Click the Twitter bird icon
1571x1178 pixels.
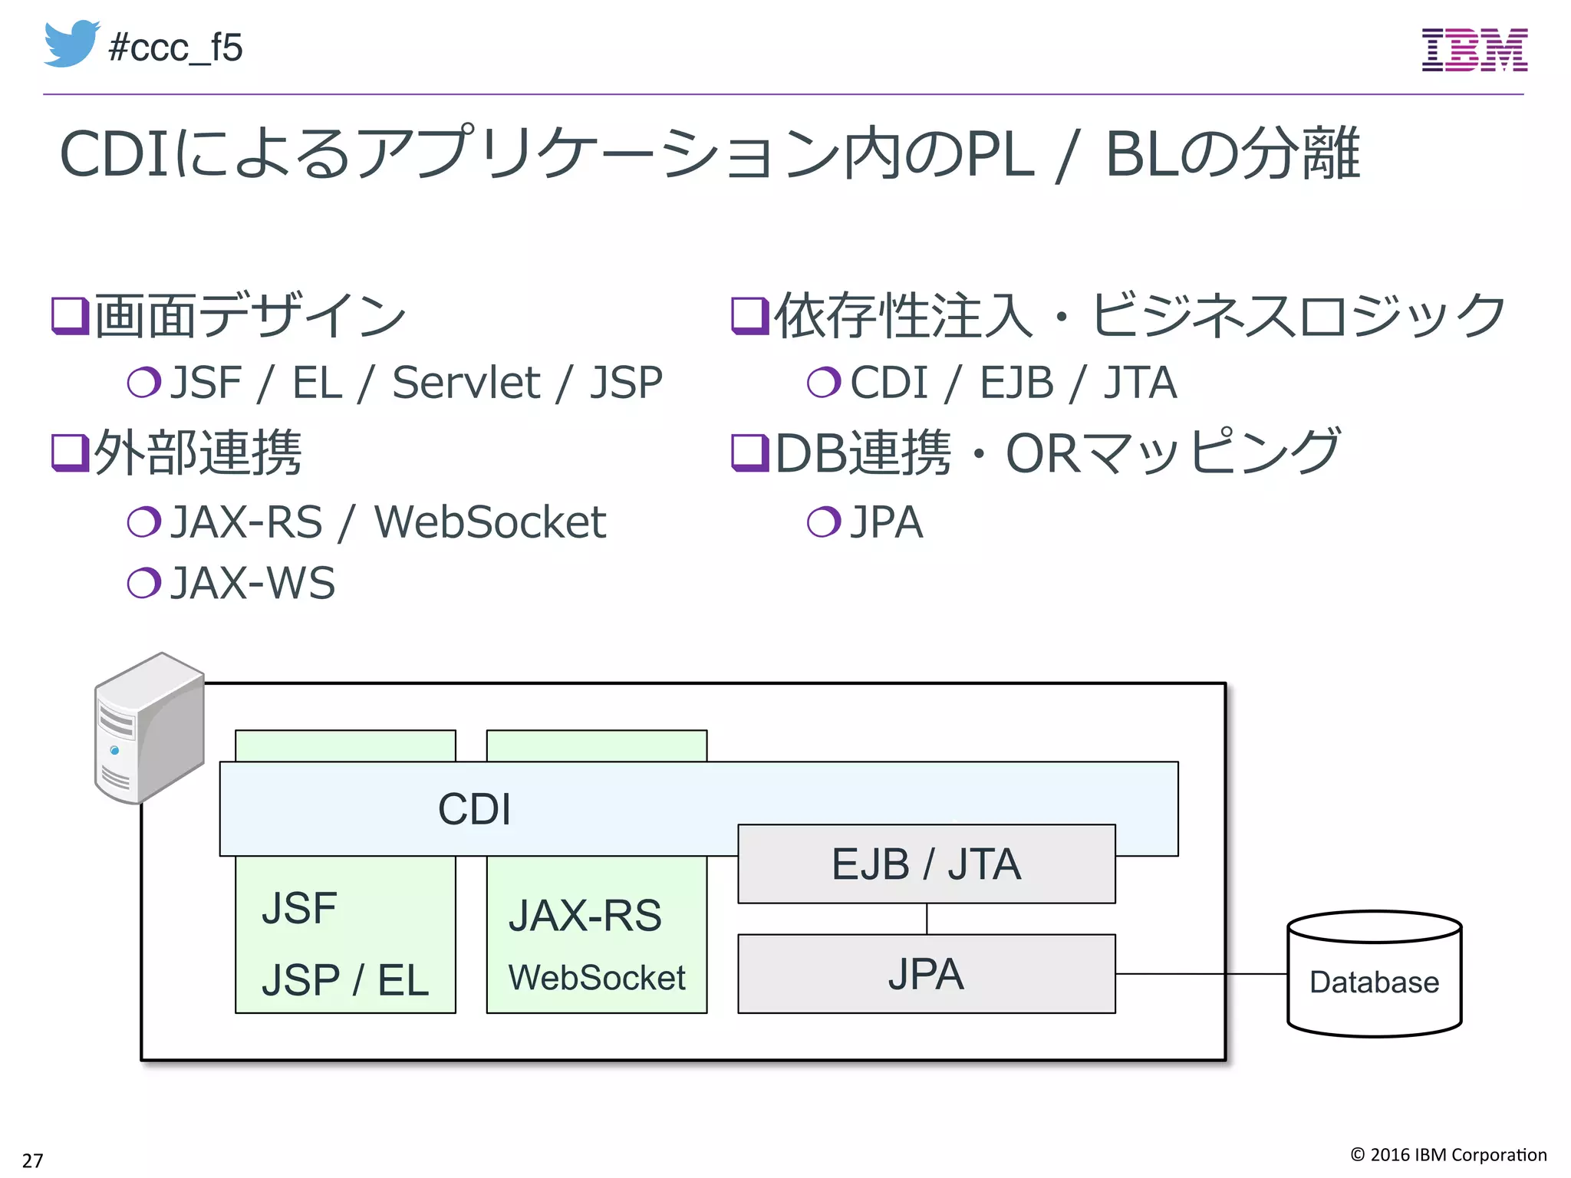(71, 44)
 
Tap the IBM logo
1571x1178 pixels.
(1474, 50)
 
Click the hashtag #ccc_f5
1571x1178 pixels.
(176, 48)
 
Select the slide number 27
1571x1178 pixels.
(32, 1160)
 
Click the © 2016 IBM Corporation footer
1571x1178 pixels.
(1447, 1154)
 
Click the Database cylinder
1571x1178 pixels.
(1374, 974)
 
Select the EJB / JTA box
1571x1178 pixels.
(926, 864)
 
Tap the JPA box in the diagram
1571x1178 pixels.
(926, 974)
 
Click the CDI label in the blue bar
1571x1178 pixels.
(474, 809)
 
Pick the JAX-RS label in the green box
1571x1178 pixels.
(585, 915)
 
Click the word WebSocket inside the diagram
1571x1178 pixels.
(596, 978)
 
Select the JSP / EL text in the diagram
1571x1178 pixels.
(344, 980)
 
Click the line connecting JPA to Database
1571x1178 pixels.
(1200, 974)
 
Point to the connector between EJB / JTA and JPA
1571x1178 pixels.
(927, 919)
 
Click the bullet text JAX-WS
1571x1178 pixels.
(252, 583)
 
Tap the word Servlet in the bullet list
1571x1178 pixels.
(466, 383)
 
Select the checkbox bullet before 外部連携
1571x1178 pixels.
(70, 452)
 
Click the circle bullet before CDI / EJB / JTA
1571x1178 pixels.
(824, 382)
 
